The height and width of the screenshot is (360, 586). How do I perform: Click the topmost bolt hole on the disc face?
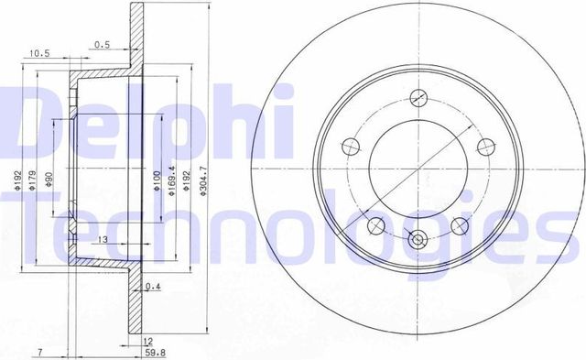pyautogui.click(x=419, y=98)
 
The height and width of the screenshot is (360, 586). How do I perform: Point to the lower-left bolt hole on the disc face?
pyautogui.click(x=373, y=224)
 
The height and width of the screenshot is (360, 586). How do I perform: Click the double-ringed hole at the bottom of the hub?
pyautogui.click(x=418, y=240)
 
